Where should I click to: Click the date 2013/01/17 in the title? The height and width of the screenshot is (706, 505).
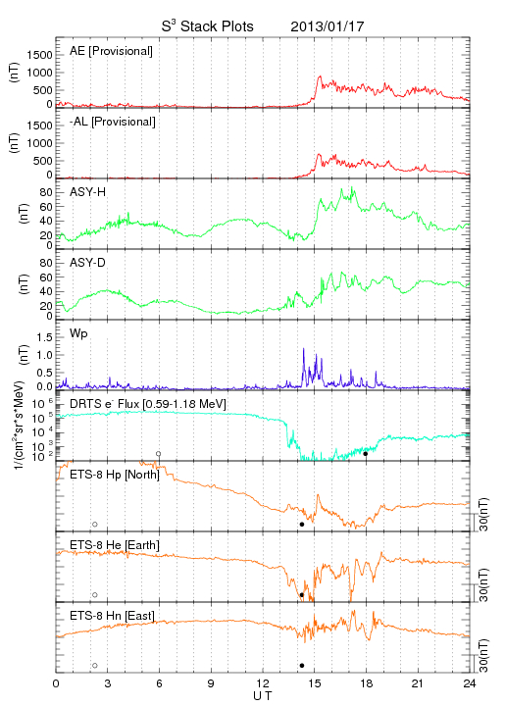pyautogui.click(x=328, y=26)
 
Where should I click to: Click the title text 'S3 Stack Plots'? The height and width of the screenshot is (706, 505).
pyautogui.click(x=208, y=26)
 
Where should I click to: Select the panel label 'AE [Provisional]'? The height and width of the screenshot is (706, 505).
pyautogui.click(x=111, y=51)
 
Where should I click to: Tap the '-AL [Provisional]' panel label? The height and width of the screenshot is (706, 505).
pyautogui.click(x=113, y=122)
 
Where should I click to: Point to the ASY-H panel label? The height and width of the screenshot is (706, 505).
pyautogui.click(x=88, y=192)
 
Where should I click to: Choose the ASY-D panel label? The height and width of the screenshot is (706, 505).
pyautogui.click(x=88, y=263)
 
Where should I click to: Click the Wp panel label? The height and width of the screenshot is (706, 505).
pyautogui.click(x=78, y=334)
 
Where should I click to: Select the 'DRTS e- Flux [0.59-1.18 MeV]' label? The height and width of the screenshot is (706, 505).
pyautogui.click(x=148, y=404)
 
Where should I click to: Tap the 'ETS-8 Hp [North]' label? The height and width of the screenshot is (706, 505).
pyautogui.click(x=115, y=475)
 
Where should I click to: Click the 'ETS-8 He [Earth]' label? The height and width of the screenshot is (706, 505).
pyautogui.click(x=115, y=545)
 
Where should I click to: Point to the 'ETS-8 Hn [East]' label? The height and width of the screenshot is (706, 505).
pyautogui.click(x=112, y=616)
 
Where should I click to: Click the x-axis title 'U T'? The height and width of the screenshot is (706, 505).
pyautogui.click(x=263, y=696)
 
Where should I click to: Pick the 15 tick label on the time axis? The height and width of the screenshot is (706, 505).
pyautogui.click(x=315, y=683)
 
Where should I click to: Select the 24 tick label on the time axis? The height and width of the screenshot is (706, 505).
pyautogui.click(x=470, y=683)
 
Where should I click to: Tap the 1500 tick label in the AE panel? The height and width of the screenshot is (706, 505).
pyautogui.click(x=40, y=55)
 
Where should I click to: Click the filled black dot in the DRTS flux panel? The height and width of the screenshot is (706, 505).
pyautogui.click(x=366, y=454)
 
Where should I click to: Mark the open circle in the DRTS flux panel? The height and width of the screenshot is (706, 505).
pyautogui.click(x=159, y=454)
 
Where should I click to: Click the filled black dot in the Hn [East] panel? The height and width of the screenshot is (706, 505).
pyautogui.click(x=302, y=666)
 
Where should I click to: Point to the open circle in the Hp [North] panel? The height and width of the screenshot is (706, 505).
pyautogui.click(x=95, y=524)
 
